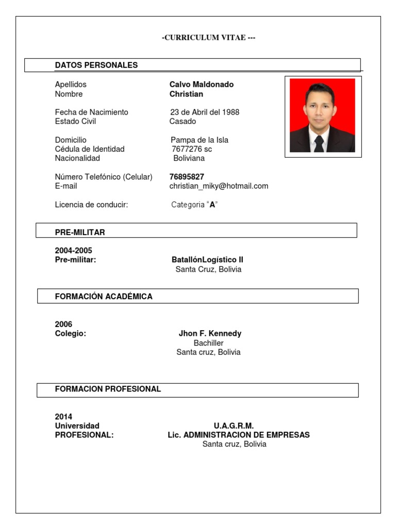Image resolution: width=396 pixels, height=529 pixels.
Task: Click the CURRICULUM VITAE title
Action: coord(208,38)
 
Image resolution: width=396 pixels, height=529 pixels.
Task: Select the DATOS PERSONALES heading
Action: coord(96,65)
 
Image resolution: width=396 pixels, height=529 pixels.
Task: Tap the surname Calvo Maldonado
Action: coord(202,84)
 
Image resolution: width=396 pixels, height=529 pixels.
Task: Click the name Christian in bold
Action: coord(186,94)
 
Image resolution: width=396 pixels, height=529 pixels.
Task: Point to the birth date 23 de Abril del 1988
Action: coord(205,112)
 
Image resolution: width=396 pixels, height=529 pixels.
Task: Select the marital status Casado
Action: coord(183,121)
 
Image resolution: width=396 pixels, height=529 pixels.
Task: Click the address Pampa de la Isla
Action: coord(200,140)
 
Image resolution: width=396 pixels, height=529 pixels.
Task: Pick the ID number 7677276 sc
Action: coord(192,149)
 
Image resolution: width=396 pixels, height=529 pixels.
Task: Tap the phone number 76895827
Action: coord(187,177)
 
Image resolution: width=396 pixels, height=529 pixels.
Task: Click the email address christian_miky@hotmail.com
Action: coord(219,186)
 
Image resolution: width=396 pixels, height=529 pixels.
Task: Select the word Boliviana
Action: coord(189,158)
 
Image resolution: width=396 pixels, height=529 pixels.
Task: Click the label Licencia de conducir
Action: coord(91,205)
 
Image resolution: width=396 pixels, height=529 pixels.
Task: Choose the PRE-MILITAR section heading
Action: coord(80,232)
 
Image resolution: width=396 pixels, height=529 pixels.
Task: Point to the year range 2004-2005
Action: coord(74,251)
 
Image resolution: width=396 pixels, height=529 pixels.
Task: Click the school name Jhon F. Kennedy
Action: coord(210,334)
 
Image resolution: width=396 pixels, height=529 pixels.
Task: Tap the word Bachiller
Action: coord(208,343)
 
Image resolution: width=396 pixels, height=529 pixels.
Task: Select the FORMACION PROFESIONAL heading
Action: coord(108,389)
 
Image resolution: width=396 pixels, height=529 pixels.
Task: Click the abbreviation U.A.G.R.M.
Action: coord(234,426)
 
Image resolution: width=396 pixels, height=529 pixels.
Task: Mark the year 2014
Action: coord(64,416)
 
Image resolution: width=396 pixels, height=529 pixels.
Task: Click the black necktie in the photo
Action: coord(319,143)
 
